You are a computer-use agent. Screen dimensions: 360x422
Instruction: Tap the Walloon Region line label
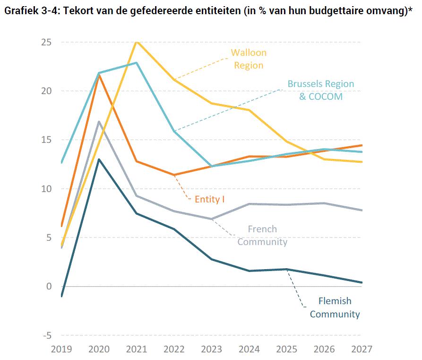pos(249,59)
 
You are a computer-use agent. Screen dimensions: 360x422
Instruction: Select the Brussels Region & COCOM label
pos(321,90)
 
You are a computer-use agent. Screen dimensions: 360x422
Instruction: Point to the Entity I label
pos(209,199)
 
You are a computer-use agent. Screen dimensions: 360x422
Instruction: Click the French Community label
pos(262,236)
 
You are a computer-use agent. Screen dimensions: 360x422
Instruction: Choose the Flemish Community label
pos(335,307)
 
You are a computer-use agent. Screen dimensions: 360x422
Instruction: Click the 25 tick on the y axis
pos(45,42)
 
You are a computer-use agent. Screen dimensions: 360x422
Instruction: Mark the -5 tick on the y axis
pos(47,335)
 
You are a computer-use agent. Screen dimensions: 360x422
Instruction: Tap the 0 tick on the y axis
pos(49,287)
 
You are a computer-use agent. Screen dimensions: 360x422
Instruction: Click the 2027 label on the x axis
pos(362,349)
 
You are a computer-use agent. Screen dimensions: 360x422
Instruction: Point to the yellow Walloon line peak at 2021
pos(137,42)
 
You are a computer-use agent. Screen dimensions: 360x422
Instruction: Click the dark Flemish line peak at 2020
pos(99,159)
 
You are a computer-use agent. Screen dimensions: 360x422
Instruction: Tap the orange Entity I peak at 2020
pos(99,75)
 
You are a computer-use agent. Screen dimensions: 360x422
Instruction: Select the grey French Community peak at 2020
pos(99,122)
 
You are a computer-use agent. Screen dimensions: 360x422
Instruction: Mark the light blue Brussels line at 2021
pos(137,63)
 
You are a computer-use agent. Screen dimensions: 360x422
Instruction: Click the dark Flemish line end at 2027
pos(362,282)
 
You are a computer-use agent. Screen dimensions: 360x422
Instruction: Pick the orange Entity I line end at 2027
pos(362,145)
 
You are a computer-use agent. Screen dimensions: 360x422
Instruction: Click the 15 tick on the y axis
pos(45,140)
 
